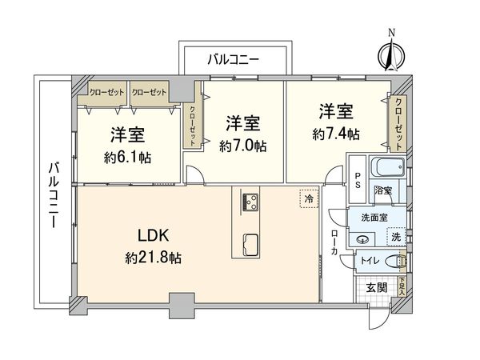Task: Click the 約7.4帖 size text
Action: coord(336,132)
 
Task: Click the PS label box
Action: coord(359,180)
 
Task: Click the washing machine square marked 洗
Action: coord(395,237)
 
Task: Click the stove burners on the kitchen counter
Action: coord(249,201)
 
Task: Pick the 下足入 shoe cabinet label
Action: coord(401,284)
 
